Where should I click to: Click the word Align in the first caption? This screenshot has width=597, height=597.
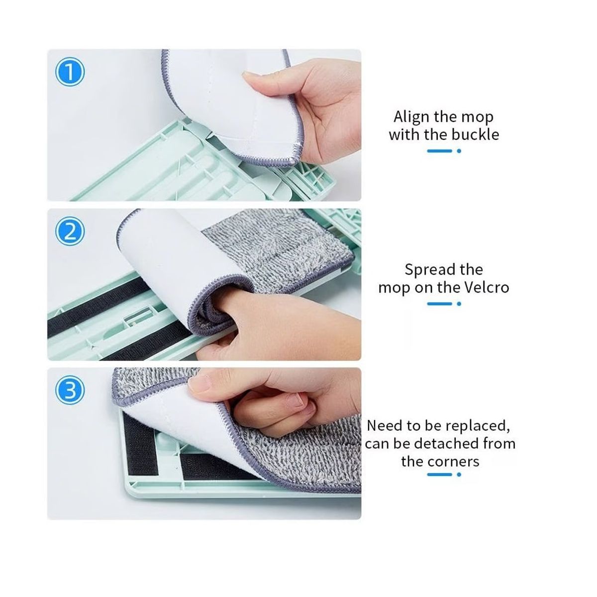click(x=411, y=117)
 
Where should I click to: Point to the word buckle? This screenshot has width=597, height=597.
click(x=475, y=135)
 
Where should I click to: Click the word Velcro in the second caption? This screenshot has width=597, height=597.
click(x=485, y=288)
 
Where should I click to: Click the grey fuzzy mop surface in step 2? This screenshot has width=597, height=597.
click(x=279, y=249)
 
